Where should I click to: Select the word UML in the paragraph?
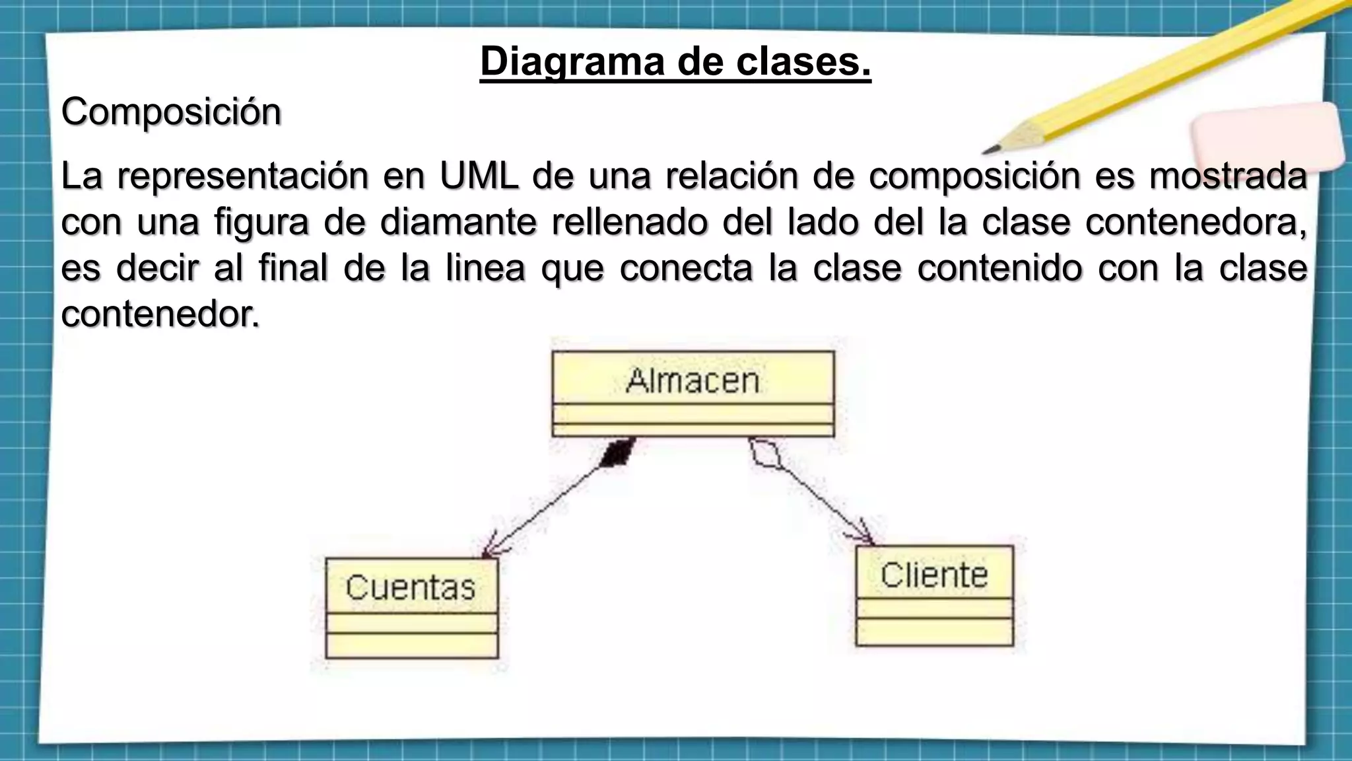coord(479,176)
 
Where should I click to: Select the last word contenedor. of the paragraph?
coord(160,314)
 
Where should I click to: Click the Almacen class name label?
coord(693,380)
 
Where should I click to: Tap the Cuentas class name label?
coord(411,587)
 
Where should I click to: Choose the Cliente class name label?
coord(933,575)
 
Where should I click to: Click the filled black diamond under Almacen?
coord(619,452)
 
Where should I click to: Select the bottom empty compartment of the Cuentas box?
coord(412,645)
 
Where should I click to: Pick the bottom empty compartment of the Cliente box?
coord(934,632)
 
